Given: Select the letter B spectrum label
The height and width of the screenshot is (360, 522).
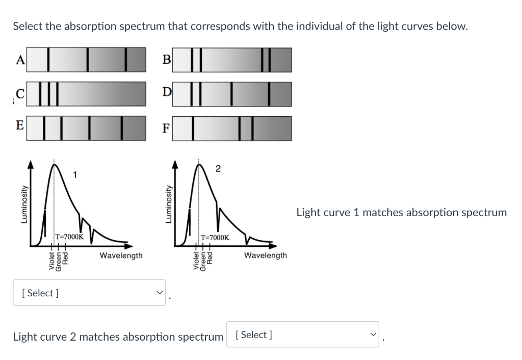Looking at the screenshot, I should click(166, 60).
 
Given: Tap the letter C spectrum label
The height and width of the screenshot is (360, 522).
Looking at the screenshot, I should click(20, 94).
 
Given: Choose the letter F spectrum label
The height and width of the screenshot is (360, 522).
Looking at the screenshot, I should click(166, 128).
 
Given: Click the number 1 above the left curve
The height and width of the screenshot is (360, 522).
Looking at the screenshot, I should click(75, 176).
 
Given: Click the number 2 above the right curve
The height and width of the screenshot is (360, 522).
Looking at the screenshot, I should click(218, 169).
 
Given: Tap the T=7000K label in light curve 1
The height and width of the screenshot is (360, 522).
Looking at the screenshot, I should click(70, 237).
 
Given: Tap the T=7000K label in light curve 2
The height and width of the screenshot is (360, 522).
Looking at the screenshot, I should click(215, 238).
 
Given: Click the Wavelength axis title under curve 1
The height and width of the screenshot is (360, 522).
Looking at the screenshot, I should click(121, 255).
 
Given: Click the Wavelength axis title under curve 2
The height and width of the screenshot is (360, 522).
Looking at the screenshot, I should click(266, 255).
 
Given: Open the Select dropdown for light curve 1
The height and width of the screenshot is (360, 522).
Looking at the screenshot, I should click(89, 293).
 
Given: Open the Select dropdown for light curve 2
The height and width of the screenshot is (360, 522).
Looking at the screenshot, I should click(303, 335).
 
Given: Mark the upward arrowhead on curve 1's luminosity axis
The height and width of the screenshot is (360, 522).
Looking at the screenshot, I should click(32, 165).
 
